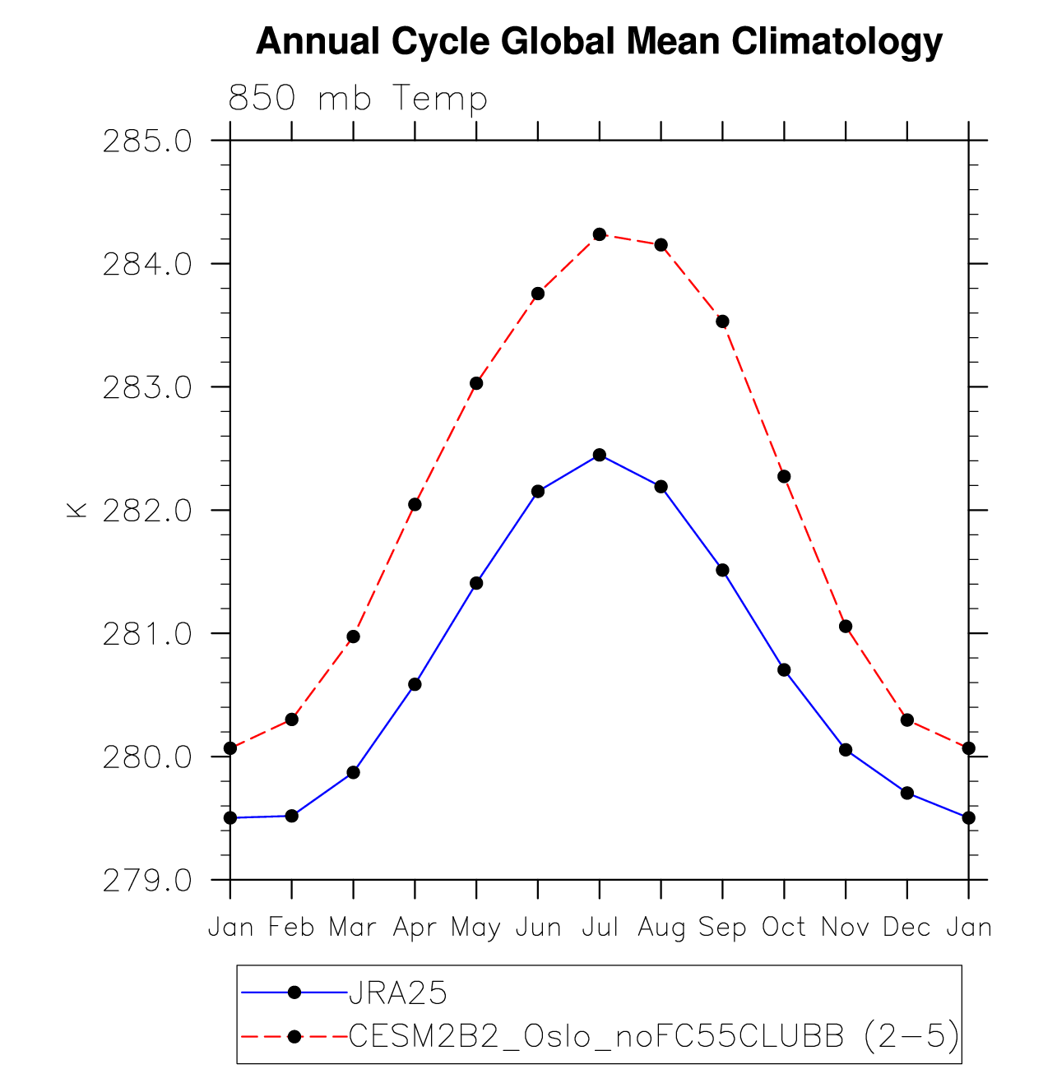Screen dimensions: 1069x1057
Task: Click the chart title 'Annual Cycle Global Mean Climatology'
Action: [x=599, y=41]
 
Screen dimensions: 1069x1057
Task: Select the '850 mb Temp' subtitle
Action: [x=358, y=99]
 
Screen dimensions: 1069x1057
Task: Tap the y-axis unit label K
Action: [x=76, y=510]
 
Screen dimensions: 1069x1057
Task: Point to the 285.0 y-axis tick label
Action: [x=147, y=141]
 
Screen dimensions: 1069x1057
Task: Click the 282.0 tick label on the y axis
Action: [x=147, y=511]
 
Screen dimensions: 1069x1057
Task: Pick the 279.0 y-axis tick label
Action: [x=147, y=881]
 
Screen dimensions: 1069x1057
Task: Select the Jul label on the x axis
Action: [x=600, y=928]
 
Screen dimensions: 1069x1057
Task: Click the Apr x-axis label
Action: [x=414, y=928]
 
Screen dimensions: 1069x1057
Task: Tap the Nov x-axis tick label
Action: [x=846, y=928]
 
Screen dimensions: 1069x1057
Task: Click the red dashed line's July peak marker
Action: [x=600, y=234]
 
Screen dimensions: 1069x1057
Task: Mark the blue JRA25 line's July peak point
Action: [x=600, y=455]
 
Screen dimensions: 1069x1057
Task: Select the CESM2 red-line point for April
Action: [x=415, y=504]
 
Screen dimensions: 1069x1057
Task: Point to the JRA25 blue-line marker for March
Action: [x=353, y=772]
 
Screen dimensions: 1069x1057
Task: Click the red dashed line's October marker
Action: [x=784, y=476]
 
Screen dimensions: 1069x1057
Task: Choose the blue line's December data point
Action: [x=907, y=793]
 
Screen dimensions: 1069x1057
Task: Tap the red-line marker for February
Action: [x=291, y=720]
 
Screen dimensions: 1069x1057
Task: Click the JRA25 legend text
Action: [x=398, y=993]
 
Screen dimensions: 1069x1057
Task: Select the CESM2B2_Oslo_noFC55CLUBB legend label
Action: [x=654, y=1036]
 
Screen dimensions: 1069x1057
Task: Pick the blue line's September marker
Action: [x=722, y=570]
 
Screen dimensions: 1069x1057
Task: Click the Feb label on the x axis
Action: [x=291, y=928]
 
